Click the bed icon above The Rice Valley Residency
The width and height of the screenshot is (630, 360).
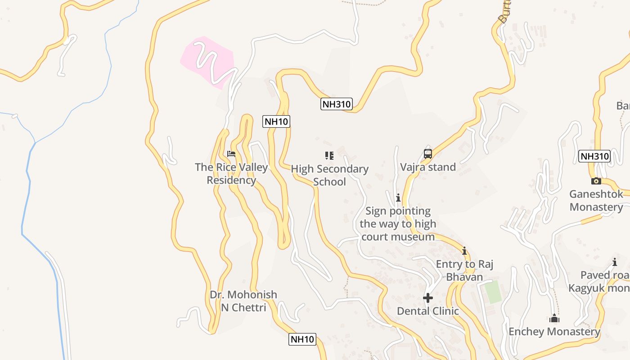(231, 154)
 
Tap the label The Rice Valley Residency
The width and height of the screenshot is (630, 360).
(231, 174)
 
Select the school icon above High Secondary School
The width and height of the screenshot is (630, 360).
(329, 156)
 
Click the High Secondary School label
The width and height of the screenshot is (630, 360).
(329, 175)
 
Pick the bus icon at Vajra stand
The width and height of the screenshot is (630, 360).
(428, 154)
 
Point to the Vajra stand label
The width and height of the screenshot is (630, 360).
(428, 167)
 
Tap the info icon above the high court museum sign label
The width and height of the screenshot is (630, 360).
(398, 198)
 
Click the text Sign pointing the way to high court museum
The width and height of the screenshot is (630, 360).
(398, 224)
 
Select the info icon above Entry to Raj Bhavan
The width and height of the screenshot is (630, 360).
(464, 251)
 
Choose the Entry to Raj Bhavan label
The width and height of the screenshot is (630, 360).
(464, 270)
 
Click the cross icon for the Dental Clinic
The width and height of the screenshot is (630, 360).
(428, 298)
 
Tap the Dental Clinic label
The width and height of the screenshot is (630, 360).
(428, 311)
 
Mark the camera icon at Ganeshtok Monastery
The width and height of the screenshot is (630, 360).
(596, 181)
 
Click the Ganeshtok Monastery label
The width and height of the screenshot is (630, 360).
(596, 201)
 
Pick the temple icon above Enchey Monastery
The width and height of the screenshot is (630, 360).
(554, 319)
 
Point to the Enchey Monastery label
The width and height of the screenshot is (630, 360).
(554, 332)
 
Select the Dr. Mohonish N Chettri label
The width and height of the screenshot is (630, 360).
(243, 301)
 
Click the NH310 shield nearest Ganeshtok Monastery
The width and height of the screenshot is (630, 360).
(594, 156)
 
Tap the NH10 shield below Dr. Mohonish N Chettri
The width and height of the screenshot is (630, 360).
(302, 339)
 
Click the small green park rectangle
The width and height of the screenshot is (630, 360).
(493, 292)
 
